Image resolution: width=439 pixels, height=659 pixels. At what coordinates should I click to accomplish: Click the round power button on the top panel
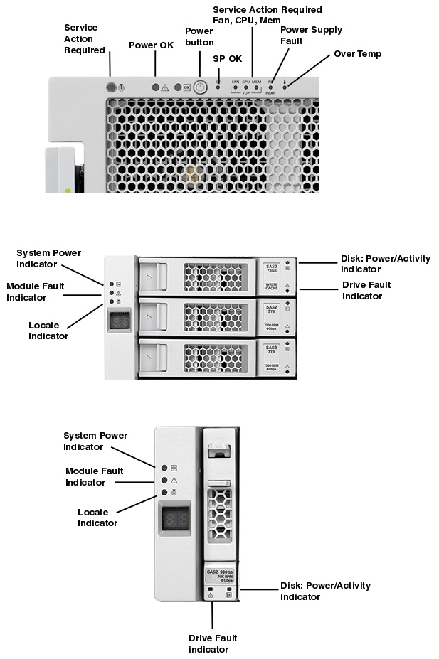pyautogui.click(x=200, y=87)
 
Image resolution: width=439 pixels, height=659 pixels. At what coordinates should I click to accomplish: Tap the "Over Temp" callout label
pyautogui.click(x=357, y=54)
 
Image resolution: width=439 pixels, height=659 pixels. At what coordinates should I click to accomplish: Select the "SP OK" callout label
pyautogui.click(x=228, y=58)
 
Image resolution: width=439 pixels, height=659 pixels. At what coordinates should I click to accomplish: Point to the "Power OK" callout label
pyautogui.click(x=151, y=45)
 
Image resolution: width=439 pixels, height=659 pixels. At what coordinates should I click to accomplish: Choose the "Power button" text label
pyautogui.click(x=199, y=37)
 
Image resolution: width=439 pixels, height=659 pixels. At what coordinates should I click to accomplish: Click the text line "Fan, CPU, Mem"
pyautogui.click(x=246, y=21)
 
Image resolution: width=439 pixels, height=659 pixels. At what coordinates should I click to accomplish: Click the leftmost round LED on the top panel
pyautogui.click(x=111, y=87)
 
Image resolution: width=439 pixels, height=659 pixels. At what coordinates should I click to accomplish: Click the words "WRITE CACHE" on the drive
pyautogui.click(x=271, y=286)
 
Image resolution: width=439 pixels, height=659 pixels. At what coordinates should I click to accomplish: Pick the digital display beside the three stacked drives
pyautogui.click(x=119, y=321)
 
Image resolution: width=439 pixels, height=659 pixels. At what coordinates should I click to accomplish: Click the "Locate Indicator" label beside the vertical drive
pyautogui.click(x=97, y=518)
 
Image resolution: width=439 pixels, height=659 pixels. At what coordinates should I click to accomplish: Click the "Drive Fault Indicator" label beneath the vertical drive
pyautogui.click(x=213, y=643)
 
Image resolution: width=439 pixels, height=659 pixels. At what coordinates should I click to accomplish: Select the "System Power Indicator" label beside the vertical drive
pyautogui.click(x=95, y=441)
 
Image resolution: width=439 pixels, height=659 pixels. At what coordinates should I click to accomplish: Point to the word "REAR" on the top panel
pyautogui.click(x=270, y=93)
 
